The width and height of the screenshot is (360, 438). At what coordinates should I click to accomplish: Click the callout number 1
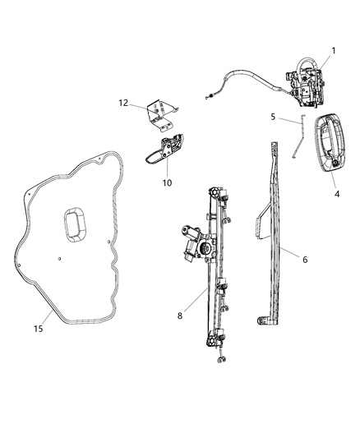pyautogui.click(x=334, y=51)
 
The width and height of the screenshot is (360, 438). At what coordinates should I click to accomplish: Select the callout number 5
pyautogui.click(x=273, y=118)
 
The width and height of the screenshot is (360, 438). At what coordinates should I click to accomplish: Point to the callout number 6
pyautogui.click(x=304, y=260)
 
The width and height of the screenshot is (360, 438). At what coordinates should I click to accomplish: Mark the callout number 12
pyautogui.click(x=123, y=103)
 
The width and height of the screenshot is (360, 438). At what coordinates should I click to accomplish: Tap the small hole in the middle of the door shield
pyautogui.click(x=59, y=258)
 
